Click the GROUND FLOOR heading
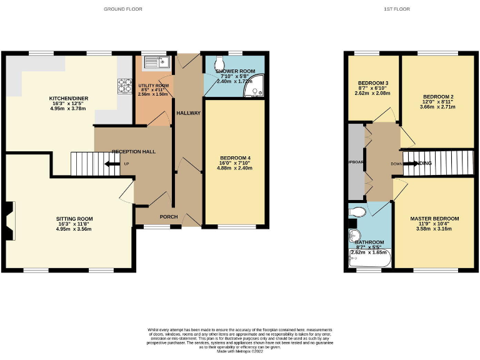pyautogui.click(x=122, y=9)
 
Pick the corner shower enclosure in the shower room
pyautogui.click(x=255, y=91)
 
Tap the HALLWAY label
pyautogui.click(x=188, y=113)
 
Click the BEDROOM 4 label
pyautogui.click(x=236, y=157)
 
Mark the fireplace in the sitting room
pyautogui.click(x=7, y=221)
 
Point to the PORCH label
pyautogui.click(x=168, y=217)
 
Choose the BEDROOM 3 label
pyautogui.click(x=373, y=83)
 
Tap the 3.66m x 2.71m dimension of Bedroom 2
pyautogui.click(x=437, y=107)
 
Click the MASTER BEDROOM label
pyautogui.click(x=434, y=219)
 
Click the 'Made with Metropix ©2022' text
pyautogui.click(x=239, y=352)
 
